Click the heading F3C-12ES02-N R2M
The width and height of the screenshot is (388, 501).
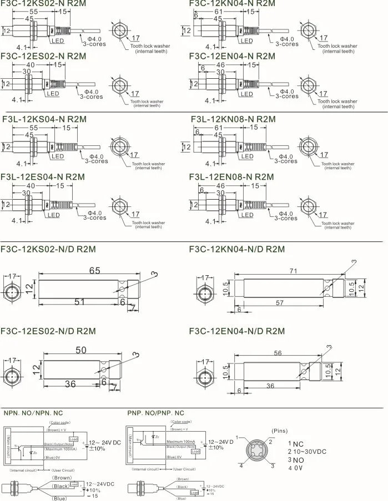pyautogui.click(x=44, y=56)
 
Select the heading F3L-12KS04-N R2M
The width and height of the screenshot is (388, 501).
pyautogui.click(x=46, y=119)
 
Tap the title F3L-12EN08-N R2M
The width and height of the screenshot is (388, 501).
pyautogui.click(x=231, y=177)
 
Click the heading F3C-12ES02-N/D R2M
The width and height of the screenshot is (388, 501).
pyautogui.click(x=48, y=331)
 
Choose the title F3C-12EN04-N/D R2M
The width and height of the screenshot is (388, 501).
pyautogui.click(x=237, y=331)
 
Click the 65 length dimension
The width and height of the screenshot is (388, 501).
pyautogui.click(x=95, y=271)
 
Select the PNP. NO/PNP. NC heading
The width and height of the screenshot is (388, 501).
pyautogui.click(x=155, y=413)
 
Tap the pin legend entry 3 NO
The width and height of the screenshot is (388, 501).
pyautogui.click(x=295, y=460)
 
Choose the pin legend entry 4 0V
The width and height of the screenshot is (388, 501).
pyautogui.click(x=295, y=468)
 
